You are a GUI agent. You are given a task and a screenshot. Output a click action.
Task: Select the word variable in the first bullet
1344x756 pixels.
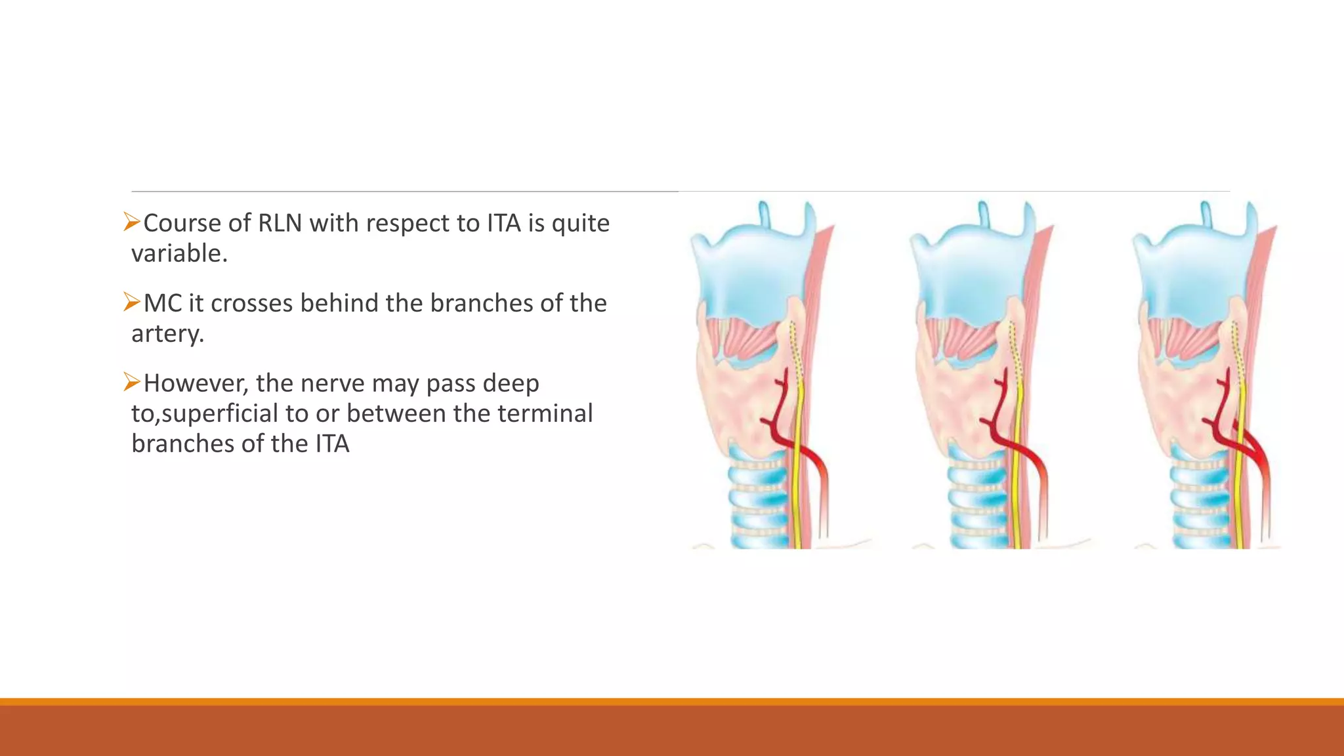[x=178, y=253]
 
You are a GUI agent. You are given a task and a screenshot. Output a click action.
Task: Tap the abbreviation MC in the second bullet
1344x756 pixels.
[x=162, y=303]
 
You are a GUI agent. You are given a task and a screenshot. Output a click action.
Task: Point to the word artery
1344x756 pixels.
[x=167, y=334]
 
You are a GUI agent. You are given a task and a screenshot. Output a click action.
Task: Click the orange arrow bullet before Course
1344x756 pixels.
[x=132, y=222]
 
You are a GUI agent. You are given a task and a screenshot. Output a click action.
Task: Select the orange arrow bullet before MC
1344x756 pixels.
[x=132, y=303]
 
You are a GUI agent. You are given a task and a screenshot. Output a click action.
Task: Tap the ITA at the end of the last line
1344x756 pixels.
[x=332, y=444]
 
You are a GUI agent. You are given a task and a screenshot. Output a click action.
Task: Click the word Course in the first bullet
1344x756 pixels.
[x=182, y=223]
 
